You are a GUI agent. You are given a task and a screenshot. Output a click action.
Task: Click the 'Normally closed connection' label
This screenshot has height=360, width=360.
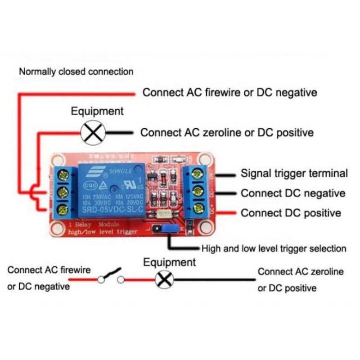click(x=76, y=72)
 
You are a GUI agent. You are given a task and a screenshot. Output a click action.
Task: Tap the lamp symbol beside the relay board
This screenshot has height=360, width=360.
click(x=93, y=133)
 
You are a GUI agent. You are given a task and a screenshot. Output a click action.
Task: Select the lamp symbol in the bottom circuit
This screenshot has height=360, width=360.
click(x=164, y=280)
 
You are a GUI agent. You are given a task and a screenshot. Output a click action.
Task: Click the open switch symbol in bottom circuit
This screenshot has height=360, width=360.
click(x=111, y=276)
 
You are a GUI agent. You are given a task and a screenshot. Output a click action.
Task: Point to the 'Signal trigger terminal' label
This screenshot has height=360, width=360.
click(x=294, y=173)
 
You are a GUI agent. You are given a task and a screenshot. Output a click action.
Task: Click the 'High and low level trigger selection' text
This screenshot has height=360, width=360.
click(x=274, y=248)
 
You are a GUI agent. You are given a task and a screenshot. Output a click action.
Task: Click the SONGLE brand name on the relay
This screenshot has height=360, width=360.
click(x=119, y=171)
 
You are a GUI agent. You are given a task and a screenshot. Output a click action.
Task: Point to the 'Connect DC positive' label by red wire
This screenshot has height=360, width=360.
click(x=291, y=213)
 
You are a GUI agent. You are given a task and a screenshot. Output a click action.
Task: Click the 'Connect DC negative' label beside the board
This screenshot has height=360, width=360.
click(x=293, y=193)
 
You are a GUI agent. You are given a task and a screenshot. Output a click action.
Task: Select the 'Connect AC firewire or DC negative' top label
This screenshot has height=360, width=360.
click(x=229, y=93)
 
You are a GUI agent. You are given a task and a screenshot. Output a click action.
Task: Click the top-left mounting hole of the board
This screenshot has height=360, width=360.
click(x=57, y=159)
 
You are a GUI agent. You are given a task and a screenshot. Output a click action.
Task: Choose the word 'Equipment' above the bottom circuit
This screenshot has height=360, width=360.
click(x=169, y=262)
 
